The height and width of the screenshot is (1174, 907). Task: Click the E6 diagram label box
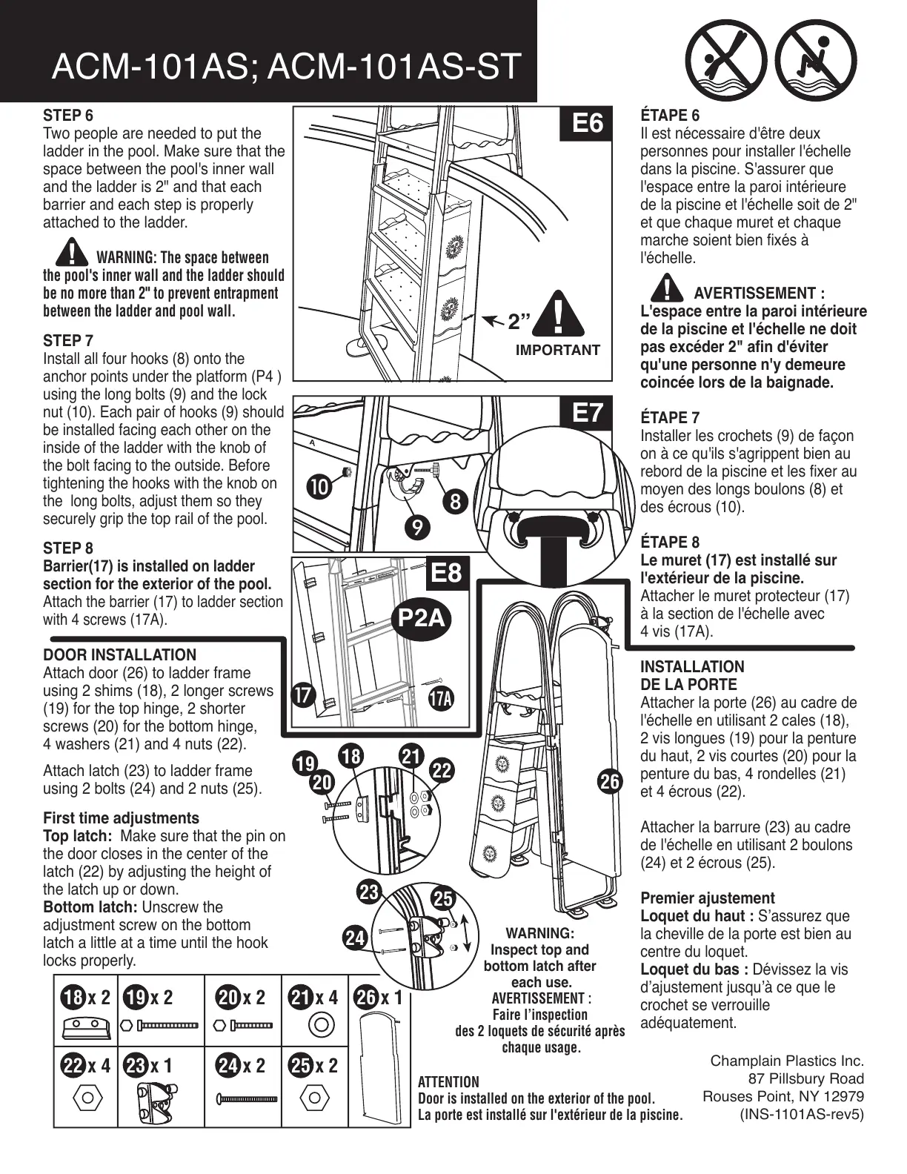click(588, 123)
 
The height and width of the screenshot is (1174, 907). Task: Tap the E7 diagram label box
click(588, 412)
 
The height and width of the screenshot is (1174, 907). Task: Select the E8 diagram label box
click(445, 573)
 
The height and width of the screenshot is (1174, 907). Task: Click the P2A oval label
click(422, 617)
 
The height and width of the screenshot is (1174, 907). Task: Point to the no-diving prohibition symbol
click(725, 59)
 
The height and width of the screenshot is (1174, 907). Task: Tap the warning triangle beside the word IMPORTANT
click(559, 314)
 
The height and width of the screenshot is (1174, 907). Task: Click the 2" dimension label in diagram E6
click(519, 322)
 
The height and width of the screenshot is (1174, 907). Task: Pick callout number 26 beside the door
click(610, 781)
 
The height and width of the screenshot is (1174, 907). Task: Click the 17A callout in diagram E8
click(441, 698)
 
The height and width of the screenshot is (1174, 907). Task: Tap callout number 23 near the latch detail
click(368, 892)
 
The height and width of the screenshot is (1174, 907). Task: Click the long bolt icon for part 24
click(246, 1098)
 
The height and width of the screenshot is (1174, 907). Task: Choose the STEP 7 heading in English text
click(68, 341)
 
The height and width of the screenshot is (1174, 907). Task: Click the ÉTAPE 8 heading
click(669, 543)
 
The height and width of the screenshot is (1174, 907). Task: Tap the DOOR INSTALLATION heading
click(119, 655)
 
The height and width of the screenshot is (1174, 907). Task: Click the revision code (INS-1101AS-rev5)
click(802, 1114)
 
